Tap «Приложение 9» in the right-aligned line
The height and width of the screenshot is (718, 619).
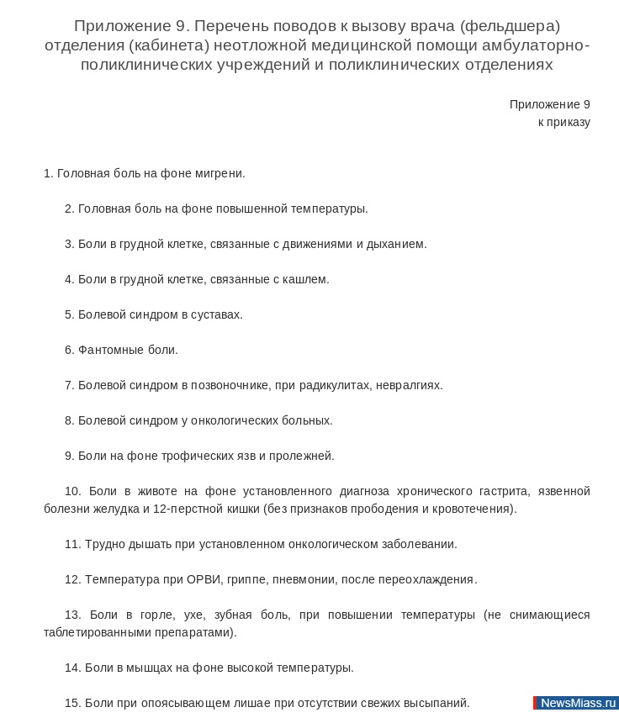(549, 104)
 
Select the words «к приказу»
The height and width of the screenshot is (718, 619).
(563, 122)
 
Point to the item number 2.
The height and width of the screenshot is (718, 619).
(69, 209)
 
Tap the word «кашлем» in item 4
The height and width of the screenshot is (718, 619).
(305, 279)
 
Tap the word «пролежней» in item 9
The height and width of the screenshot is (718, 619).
(304, 456)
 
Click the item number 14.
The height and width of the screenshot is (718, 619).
(72, 668)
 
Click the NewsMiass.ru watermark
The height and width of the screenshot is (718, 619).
(577, 703)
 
